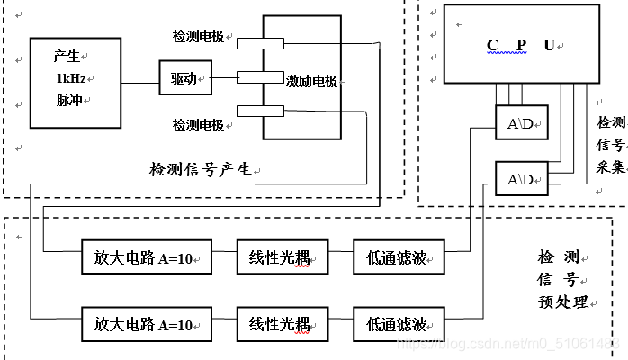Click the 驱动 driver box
tap(184, 78)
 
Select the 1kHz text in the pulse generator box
tap(68, 77)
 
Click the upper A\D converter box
tap(521, 124)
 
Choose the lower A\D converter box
tap(521, 179)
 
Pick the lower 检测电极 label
tap(199, 123)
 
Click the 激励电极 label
tap(311, 81)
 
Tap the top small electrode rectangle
tap(261, 42)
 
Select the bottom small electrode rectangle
tap(261, 112)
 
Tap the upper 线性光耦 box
tap(282, 259)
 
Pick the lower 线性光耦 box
tap(282, 321)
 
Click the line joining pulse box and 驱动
tap(140, 85)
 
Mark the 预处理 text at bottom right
tap(563, 301)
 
